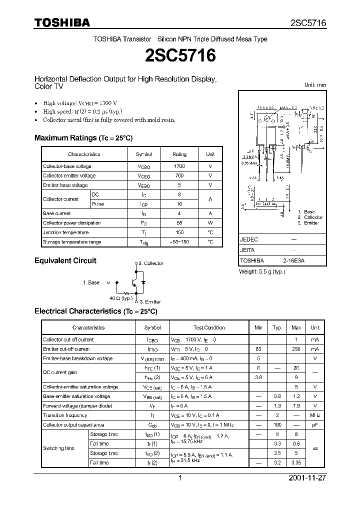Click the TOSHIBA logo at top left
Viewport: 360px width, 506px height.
62,22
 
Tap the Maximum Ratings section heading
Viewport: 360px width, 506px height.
83,138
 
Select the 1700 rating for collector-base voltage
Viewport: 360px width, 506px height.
179,166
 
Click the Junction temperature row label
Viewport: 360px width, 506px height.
66,232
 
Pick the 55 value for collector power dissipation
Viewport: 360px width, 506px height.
179,223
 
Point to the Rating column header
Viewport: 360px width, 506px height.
179,154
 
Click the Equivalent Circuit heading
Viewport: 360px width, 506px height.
65,260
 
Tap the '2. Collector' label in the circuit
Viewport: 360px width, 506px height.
150,263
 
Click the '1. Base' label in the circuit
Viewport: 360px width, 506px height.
91,282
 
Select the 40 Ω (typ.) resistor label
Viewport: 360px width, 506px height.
121,298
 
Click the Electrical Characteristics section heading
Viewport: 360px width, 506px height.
95,311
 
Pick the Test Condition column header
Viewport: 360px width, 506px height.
209,328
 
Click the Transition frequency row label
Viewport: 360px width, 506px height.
65,415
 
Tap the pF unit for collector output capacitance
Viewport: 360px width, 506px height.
315,425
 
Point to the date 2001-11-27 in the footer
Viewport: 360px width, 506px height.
307,478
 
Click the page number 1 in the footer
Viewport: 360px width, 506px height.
180,478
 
